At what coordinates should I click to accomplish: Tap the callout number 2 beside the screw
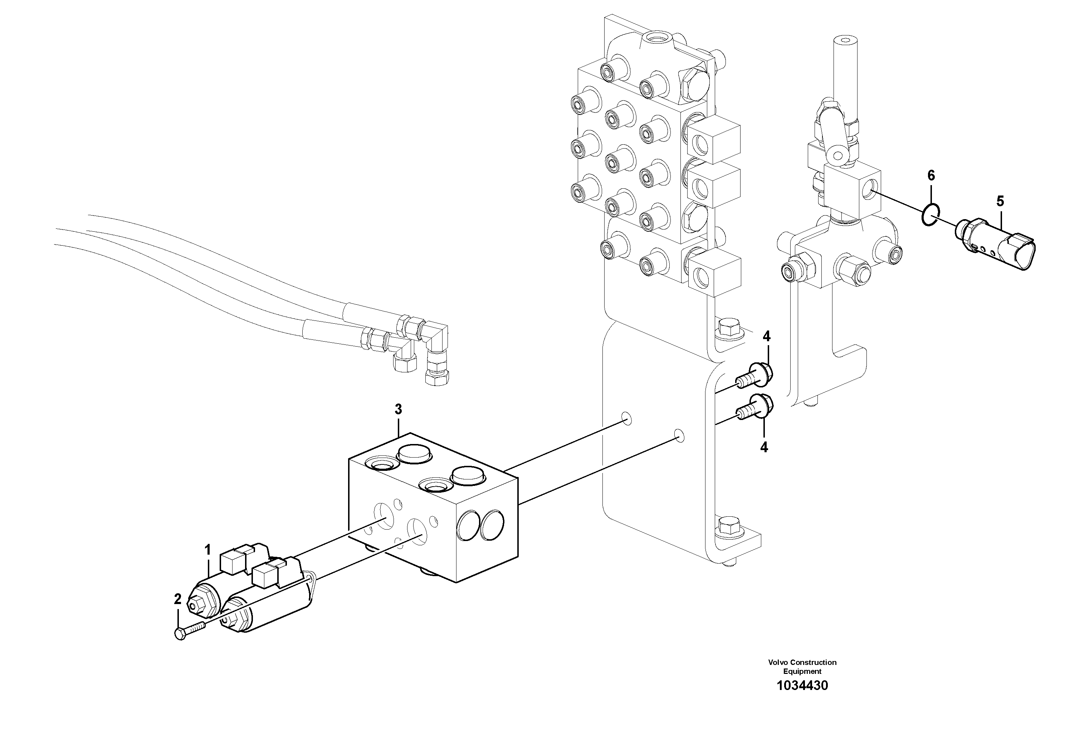[178, 599]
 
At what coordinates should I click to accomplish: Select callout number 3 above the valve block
[398, 410]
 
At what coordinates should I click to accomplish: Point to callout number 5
[1000, 202]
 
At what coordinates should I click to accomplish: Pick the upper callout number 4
[766, 337]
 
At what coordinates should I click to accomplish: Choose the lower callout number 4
[764, 447]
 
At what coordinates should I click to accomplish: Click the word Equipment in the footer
[802, 671]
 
